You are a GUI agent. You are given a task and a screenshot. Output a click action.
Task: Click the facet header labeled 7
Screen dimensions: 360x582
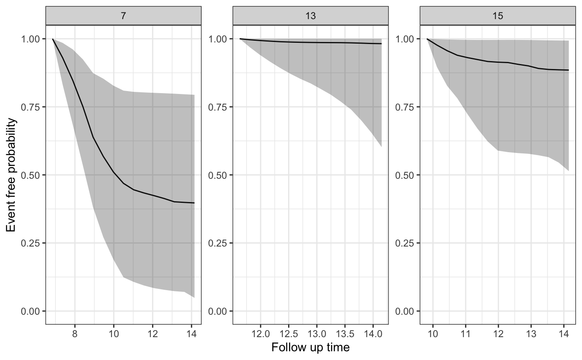coord(123,16)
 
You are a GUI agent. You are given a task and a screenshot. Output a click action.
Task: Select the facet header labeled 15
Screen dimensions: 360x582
coord(498,16)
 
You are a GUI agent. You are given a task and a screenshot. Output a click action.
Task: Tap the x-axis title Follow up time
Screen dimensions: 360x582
coord(311,348)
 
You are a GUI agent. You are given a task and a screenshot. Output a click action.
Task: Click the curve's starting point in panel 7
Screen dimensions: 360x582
coord(53,39)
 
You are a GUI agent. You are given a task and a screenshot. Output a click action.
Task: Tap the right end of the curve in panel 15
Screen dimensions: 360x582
coord(568,70)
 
